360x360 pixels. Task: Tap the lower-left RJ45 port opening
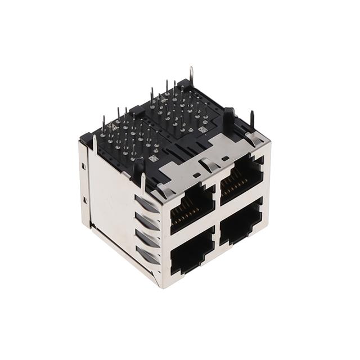point(192,258)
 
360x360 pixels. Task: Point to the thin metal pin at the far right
point(252,119)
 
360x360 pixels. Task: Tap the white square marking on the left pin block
point(152,159)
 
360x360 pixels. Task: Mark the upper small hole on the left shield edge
point(83,166)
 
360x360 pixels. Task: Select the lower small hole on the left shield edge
point(84,200)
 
